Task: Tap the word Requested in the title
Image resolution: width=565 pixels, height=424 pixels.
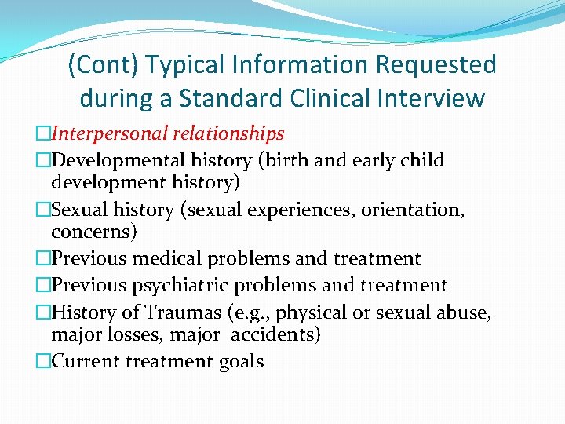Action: pos(432,64)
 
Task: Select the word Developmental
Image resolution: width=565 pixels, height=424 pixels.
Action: pos(118,160)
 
